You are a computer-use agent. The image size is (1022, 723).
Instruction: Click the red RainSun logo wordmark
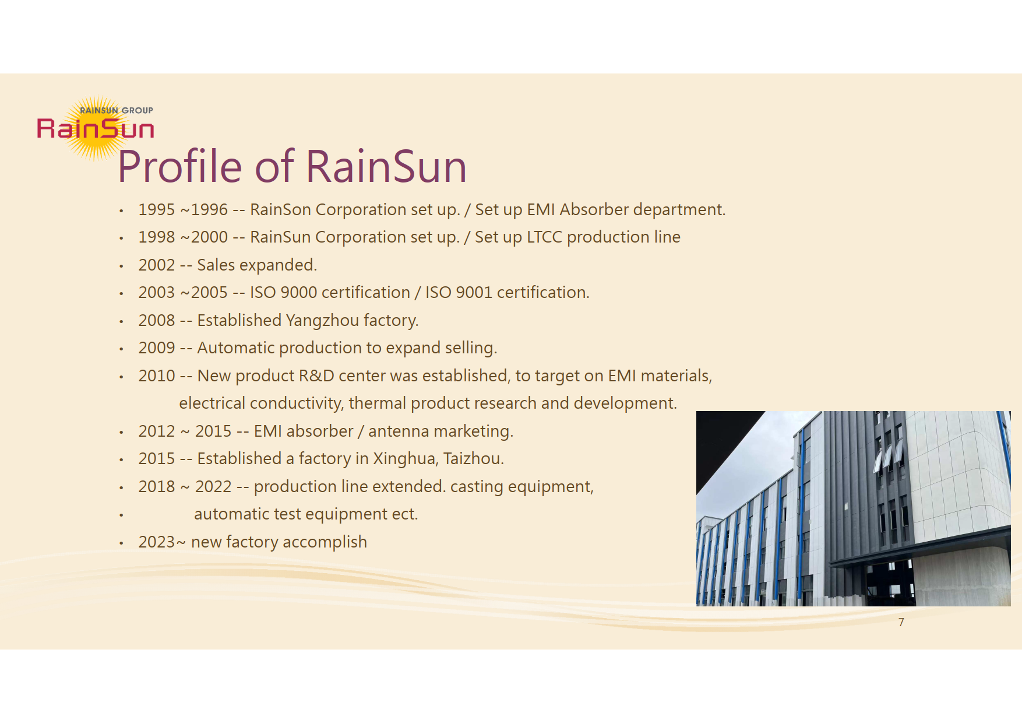[x=96, y=128]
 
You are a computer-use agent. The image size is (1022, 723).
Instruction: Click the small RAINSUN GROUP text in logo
[x=117, y=110]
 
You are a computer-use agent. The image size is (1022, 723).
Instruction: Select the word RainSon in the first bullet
[x=280, y=210]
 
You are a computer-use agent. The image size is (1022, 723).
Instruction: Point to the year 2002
[x=157, y=265]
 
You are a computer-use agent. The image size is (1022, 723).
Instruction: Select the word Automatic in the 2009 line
[x=236, y=348]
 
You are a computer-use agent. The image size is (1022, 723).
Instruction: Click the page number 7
[x=901, y=622]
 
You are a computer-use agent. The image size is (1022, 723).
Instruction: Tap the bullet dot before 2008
[x=121, y=321]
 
